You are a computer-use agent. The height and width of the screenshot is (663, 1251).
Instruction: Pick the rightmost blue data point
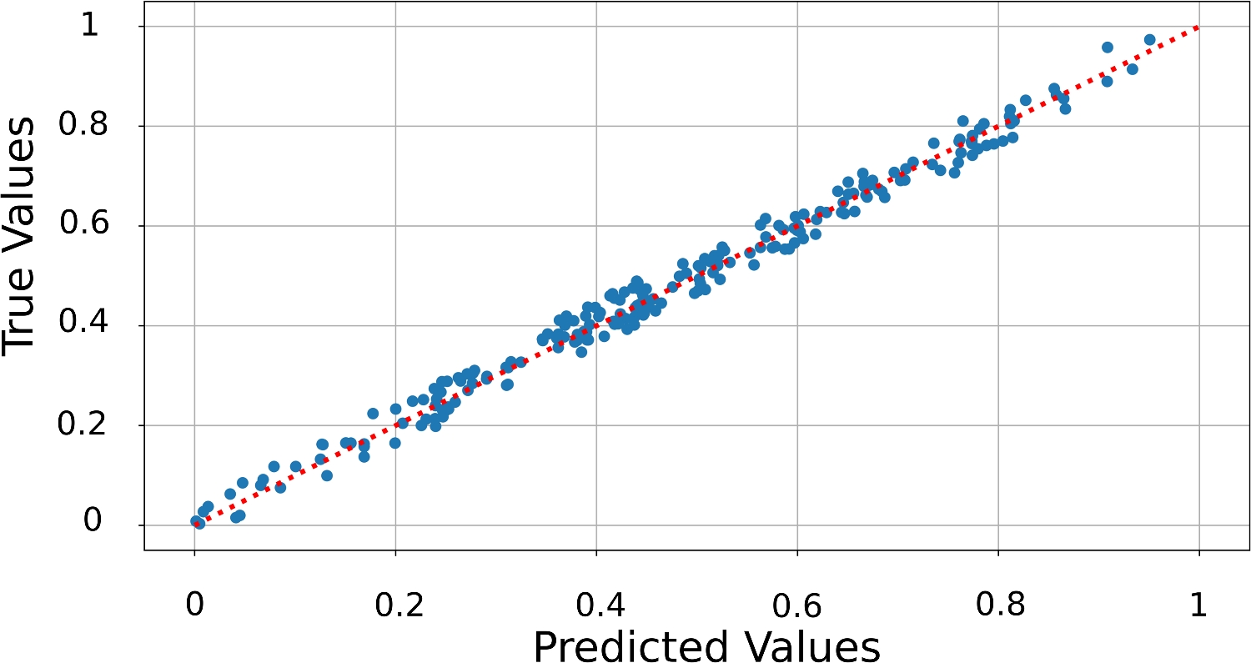point(1149,39)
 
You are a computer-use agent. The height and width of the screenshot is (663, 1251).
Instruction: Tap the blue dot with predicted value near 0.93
point(1132,69)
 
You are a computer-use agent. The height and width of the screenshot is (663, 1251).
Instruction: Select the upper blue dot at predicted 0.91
point(1108,47)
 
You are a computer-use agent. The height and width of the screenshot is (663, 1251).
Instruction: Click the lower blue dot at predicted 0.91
point(1107,81)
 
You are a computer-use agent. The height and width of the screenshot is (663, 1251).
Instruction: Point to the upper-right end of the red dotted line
point(1198,27)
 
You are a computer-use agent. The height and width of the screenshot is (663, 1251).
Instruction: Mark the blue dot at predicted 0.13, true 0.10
point(327,475)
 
